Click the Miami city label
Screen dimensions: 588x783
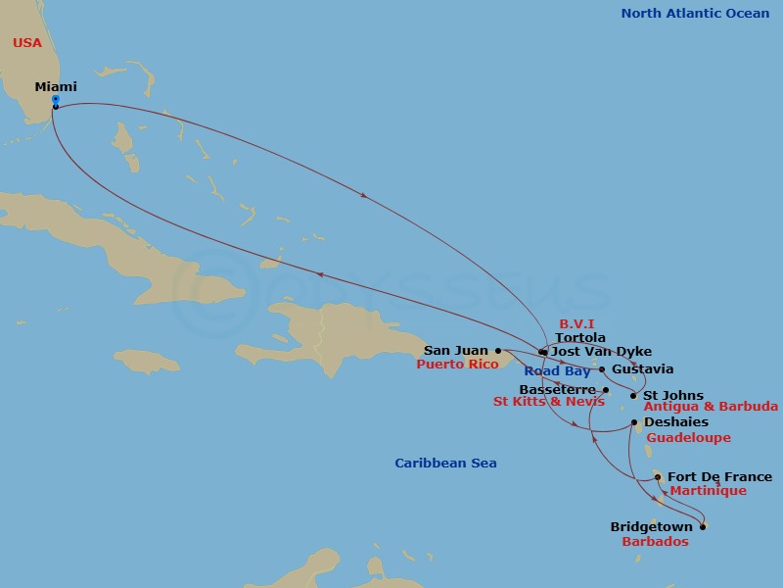56,87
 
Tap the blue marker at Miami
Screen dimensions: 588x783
56,99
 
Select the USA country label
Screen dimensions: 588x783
27,42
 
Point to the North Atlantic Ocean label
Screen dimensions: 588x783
696,13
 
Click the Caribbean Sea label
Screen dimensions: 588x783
445,464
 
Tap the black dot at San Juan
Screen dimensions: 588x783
498,350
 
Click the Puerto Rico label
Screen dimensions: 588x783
457,365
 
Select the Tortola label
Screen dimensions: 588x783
580,338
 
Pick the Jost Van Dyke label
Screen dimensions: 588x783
601,352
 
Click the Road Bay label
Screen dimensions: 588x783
557,371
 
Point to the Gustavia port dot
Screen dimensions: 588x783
602,369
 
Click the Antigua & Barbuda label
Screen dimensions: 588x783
712,406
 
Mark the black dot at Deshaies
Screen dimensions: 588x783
634,422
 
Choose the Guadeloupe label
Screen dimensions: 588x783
687,438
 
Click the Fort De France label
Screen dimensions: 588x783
719,477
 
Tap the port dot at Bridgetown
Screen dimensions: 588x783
702,527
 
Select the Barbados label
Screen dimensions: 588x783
655,542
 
